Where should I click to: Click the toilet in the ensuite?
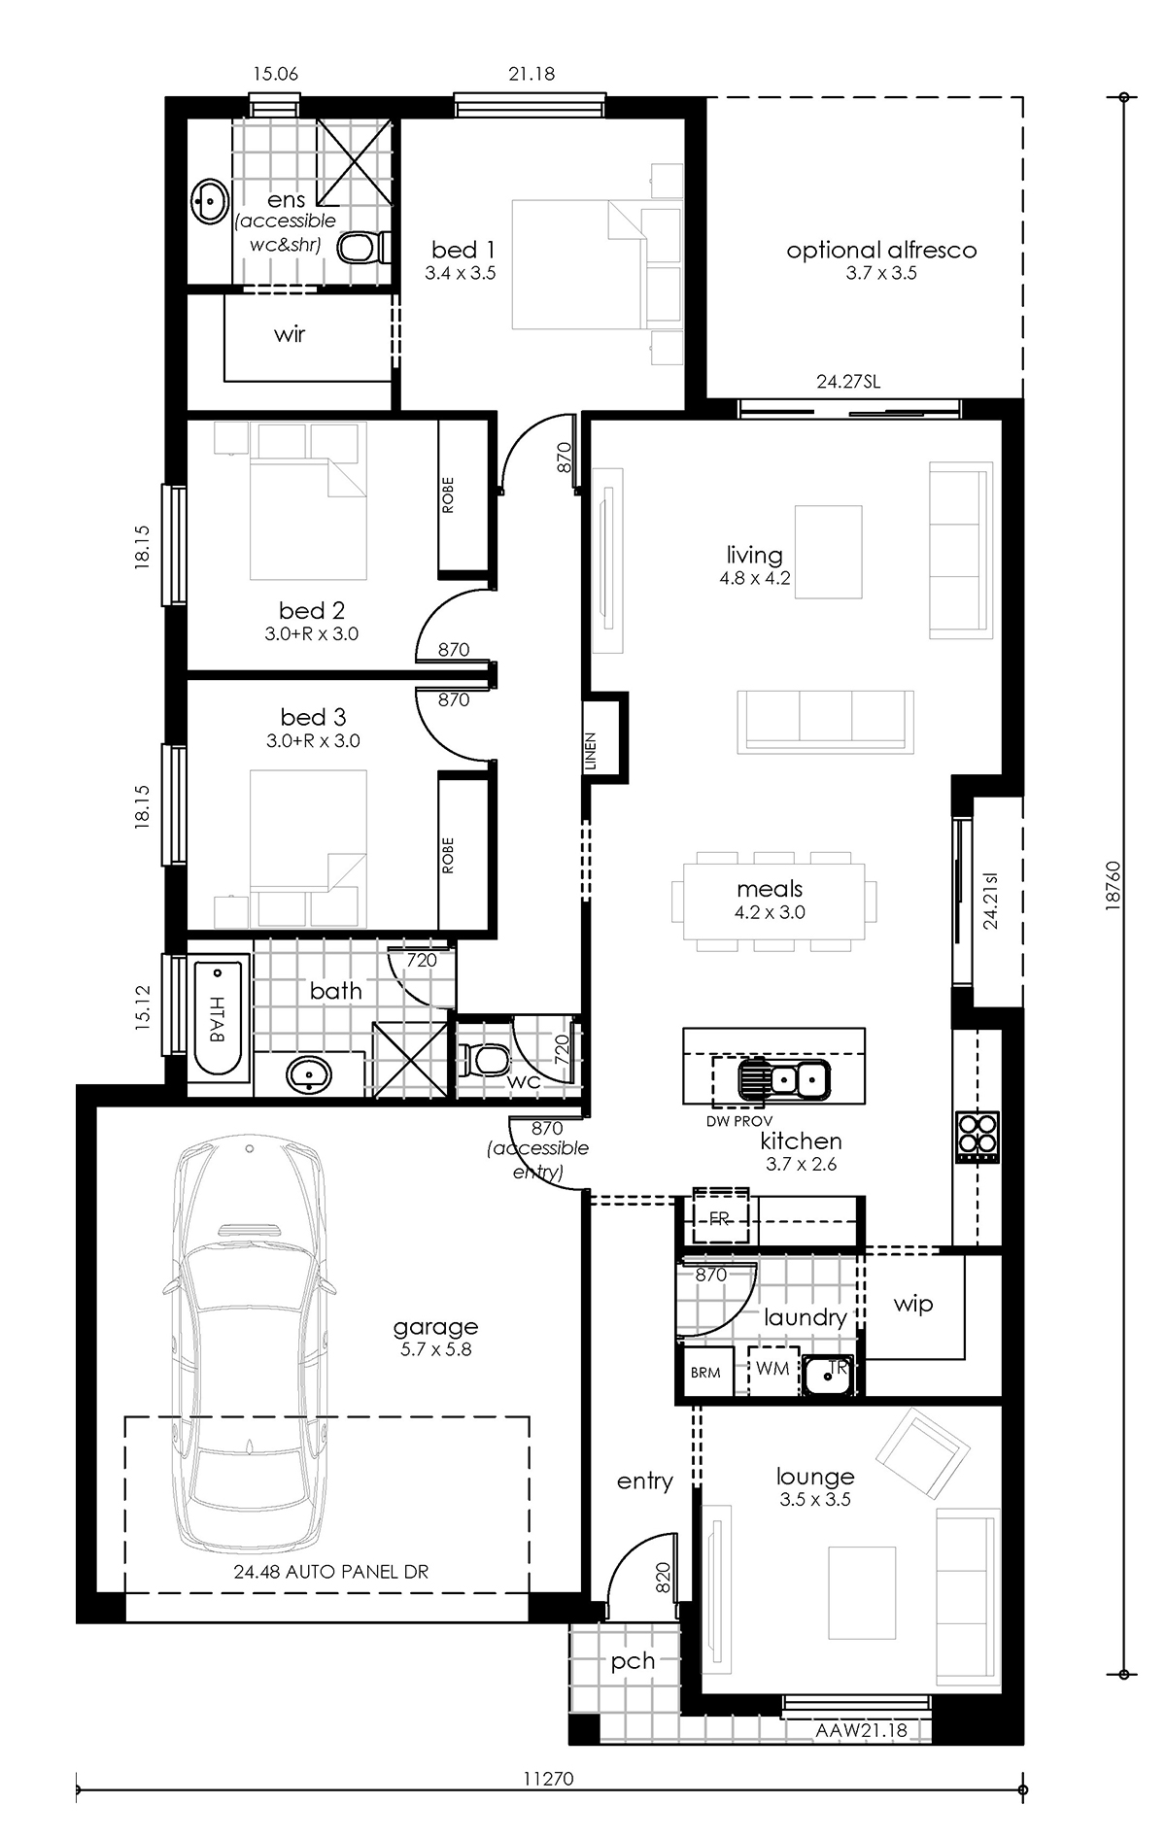pyautogui.click(x=363, y=247)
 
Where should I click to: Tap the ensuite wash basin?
pyautogui.click(x=207, y=201)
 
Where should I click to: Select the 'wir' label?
pyautogui.click(x=290, y=334)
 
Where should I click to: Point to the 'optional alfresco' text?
pyautogui.click(x=881, y=250)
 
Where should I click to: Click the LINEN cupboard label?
pyautogui.click(x=591, y=752)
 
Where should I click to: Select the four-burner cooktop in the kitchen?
pyautogui.click(x=977, y=1136)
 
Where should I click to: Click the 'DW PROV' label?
pyautogui.click(x=739, y=1120)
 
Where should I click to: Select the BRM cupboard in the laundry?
pyautogui.click(x=706, y=1372)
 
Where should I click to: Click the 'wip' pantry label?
pyautogui.click(x=913, y=1305)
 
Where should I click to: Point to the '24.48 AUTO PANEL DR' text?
pyautogui.click(x=330, y=1572)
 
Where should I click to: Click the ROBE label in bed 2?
pyautogui.click(x=448, y=495)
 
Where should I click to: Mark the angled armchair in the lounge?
pyautogui.click(x=922, y=1453)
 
